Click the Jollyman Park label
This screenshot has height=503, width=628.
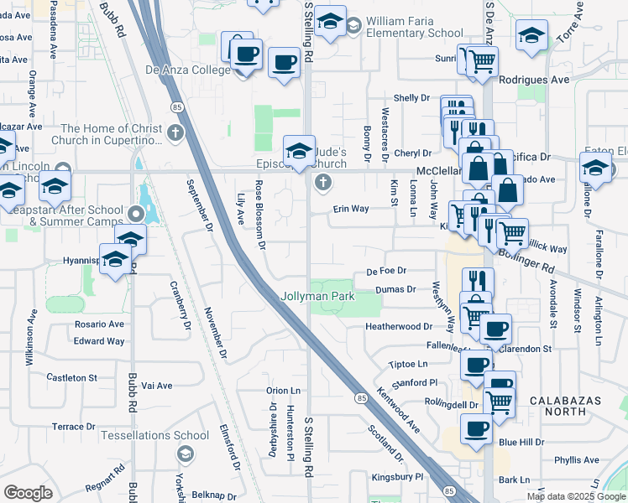point(318,296)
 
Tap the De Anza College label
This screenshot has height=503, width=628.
point(188,70)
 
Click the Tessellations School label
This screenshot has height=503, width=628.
point(154,435)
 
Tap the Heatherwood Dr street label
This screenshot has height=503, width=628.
point(398,326)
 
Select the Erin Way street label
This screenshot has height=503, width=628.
point(351,209)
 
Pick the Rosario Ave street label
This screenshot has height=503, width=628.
point(98,324)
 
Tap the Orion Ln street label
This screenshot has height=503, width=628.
point(283,391)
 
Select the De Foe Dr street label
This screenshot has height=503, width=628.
point(386,271)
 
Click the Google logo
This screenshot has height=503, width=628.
point(28,493)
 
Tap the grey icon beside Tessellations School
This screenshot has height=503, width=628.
point(185,454)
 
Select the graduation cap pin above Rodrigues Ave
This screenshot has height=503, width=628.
point(531,37)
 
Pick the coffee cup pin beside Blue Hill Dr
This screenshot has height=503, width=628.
point(477,429)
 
